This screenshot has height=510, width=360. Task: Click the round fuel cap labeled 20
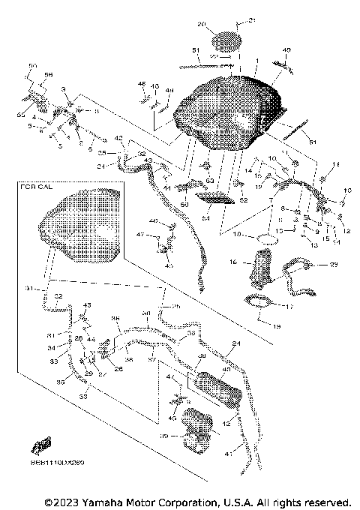point(226,39)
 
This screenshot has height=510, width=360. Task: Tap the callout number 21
point(252,19)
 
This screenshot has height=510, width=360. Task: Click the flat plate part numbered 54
point(214,197)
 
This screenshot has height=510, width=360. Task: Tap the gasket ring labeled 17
point(260,304)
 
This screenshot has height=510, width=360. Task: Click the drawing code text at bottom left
point(58,462)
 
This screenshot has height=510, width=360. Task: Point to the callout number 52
point(242,200)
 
